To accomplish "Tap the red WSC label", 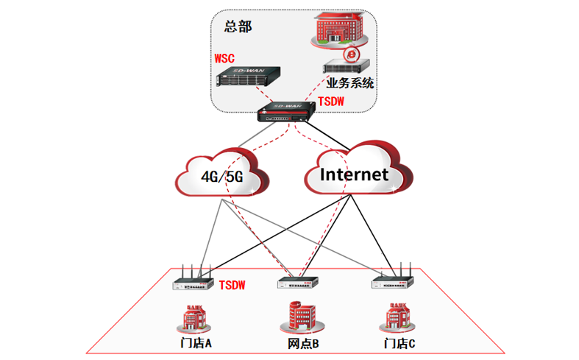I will [224, 57].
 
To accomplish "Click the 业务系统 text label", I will [349, 83].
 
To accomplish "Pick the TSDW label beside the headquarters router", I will [332, 102].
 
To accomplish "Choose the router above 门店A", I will [192, 282].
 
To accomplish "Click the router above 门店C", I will [393, 280].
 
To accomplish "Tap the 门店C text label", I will [399, 343].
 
